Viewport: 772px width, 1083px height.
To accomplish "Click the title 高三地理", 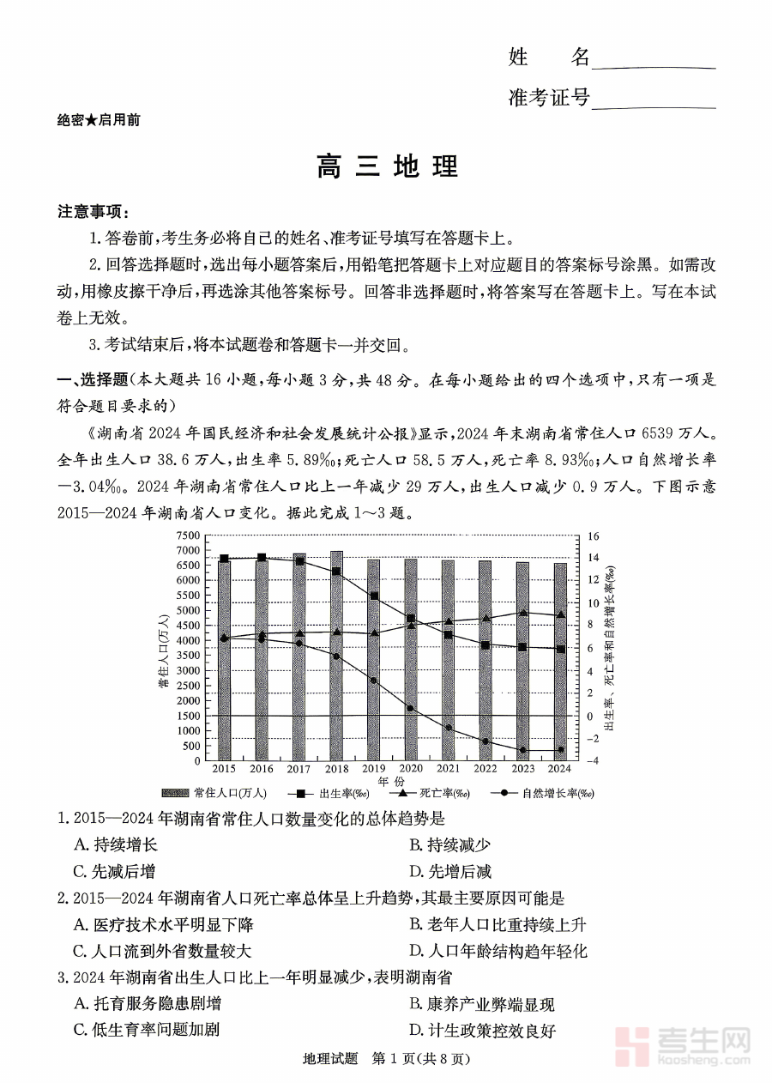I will [x=386, y=166].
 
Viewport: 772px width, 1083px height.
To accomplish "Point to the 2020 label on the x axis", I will [x=411, y=769].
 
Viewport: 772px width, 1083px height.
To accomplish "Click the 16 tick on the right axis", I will [x=593, y=536].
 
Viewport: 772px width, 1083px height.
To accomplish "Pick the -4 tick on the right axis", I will [x=593, y=761].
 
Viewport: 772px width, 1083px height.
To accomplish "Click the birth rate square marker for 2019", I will [x=373, y=596].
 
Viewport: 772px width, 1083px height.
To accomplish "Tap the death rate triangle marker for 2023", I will [x=523, y=613].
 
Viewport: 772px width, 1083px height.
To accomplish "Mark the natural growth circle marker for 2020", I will [x=411, y=709].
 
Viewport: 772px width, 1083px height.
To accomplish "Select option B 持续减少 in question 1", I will [x=450, y=845].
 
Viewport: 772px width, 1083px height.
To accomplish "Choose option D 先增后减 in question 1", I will [x=450, y=872].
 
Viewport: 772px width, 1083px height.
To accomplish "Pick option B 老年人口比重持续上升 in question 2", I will [x=498, y=925].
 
